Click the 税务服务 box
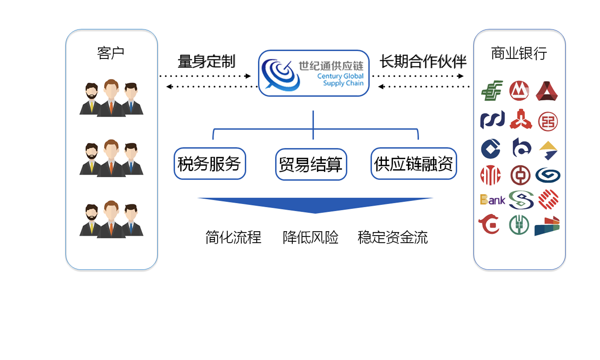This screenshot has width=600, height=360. tap(210, 164)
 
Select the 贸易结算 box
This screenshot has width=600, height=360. tap(311, 164)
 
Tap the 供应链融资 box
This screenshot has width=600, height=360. tap(414, 164)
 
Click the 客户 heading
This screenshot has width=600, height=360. tap(111, 53)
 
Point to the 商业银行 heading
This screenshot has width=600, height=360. tap(519, 53)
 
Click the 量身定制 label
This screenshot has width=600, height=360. tap(206, 62)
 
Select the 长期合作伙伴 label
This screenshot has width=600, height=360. tap(423, 62)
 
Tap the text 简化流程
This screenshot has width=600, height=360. tap(233, 237)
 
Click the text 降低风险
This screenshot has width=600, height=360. tap(310, 237)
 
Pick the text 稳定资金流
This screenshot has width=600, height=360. tap(392, 237)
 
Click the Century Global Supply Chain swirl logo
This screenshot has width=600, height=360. tap(280, 74)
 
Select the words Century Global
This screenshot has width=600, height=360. tap(340, 76)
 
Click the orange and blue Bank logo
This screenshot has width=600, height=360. tap(492, 200)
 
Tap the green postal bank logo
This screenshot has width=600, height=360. tap(492, 90)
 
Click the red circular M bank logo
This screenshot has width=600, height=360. tap(519, 91)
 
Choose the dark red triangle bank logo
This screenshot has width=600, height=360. tap(547, 91)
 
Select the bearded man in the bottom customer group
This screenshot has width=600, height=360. tap(92, 220)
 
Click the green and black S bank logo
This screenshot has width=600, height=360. tap(521, 200)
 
